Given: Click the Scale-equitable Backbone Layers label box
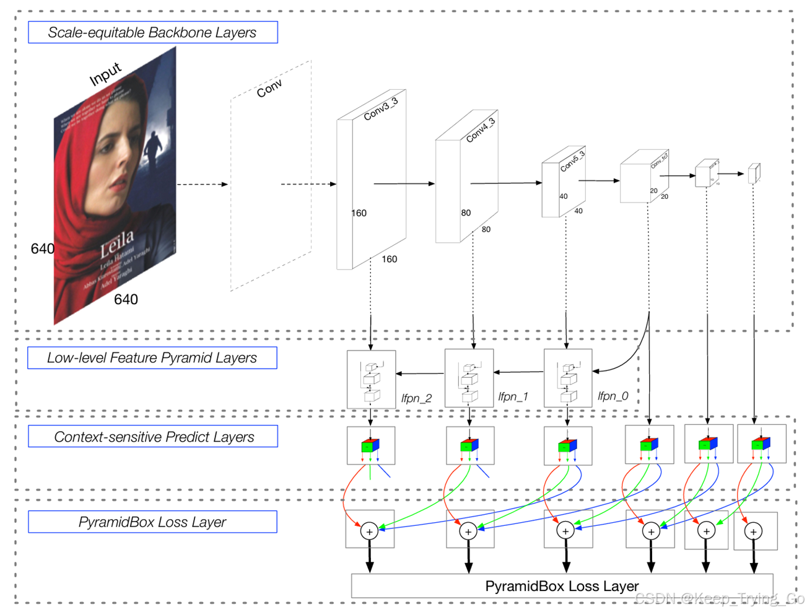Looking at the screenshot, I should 152,32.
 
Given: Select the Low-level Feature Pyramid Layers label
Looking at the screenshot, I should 152,357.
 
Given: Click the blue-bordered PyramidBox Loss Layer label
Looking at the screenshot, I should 152,522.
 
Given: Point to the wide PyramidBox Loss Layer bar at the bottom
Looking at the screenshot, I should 561,586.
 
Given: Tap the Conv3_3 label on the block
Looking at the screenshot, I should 380,109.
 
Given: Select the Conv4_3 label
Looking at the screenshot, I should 481,130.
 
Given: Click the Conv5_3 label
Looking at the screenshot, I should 572,161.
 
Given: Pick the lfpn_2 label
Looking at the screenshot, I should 416,398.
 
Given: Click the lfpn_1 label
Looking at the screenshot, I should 513,396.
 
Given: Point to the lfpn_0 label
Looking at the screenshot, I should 613,396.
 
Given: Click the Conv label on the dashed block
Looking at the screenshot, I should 269,89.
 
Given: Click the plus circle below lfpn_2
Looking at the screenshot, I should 370,531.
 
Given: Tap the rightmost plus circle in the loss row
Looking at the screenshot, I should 754,531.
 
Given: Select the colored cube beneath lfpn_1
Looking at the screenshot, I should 469,445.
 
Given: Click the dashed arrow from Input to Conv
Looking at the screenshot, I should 203,184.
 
